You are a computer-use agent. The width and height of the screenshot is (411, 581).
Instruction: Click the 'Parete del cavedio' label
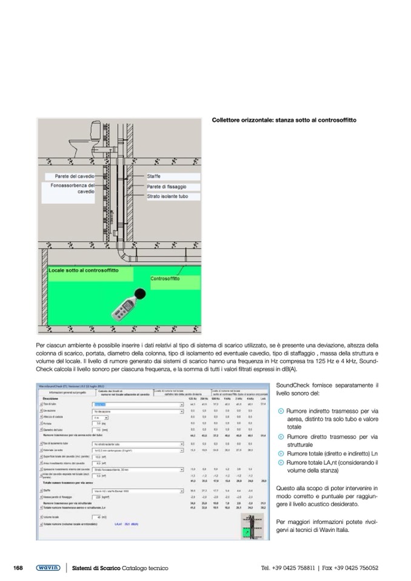pos(71,176)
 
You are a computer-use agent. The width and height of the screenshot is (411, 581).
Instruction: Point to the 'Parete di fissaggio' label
pos(167,186)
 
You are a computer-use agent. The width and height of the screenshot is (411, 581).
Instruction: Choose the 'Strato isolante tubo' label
pos(167,196)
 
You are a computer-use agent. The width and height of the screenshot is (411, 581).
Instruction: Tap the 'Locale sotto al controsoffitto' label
pos(84,270)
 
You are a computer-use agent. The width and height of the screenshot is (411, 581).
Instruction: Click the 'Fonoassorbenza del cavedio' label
pos(73,188)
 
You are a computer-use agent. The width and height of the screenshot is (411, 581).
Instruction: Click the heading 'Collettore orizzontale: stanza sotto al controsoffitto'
pos(284,120)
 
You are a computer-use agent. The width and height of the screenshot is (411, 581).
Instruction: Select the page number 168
pos(18,568)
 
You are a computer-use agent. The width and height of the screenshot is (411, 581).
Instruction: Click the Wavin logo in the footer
pos(48,568)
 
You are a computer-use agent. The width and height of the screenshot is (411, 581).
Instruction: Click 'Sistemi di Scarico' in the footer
pos(96,568)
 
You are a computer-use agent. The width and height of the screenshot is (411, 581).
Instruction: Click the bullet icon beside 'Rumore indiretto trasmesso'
pos(279,410)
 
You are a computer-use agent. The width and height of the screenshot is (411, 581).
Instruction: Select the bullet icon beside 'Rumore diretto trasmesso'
pos(279,436)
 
